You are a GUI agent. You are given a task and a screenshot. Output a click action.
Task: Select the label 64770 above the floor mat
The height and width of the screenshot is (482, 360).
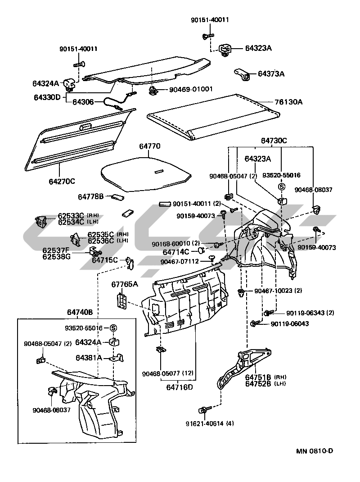click(x=149, y=146)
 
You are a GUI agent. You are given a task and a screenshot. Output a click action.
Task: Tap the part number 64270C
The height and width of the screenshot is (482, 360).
click(x=62, y=181)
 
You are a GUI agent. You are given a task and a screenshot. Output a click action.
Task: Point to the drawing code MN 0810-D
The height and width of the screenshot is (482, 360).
click(x=314, y=451)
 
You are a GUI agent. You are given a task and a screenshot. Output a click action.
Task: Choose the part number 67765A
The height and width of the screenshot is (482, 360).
click(x=125, y=284)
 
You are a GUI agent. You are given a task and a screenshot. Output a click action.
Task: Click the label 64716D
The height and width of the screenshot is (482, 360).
click(x=179, y=387)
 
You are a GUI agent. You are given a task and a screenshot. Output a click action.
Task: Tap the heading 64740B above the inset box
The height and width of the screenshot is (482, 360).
click(x=80, y=312)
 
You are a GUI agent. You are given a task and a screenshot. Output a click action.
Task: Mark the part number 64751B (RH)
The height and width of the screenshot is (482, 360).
click(x=265, y=377)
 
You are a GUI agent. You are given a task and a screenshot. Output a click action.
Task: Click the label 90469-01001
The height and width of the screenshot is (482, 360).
click(x=191, y=90)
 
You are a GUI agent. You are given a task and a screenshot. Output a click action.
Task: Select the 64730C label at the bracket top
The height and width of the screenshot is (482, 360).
click(x=274, y=141)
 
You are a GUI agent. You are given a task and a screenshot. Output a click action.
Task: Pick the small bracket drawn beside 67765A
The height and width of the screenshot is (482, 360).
click(x=121, y=301)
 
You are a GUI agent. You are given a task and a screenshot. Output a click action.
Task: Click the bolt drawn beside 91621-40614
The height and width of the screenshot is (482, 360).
click(x=203, y=410)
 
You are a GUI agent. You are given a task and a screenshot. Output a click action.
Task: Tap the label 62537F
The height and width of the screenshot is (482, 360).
click(x=56, y=250)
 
